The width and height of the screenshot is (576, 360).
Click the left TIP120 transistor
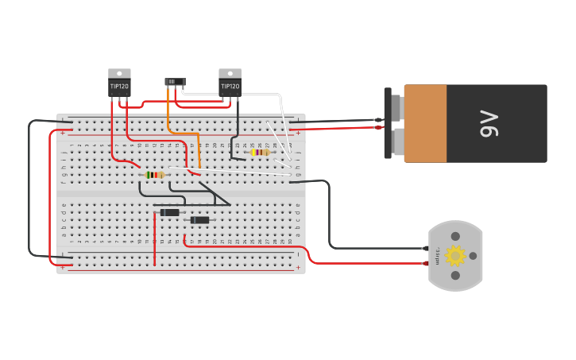tap(119, 85)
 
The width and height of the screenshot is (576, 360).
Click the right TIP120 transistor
tap(230, 85)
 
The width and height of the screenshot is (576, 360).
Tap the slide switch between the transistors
tap(175, 82)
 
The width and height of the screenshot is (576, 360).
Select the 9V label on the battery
tap(490, 123)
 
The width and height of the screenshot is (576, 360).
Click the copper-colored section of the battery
tap(425, 123)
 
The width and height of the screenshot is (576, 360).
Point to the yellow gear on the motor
tap(455, 255)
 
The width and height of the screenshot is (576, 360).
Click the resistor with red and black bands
tap(156, 175)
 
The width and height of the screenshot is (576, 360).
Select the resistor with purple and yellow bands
tap(260, 152)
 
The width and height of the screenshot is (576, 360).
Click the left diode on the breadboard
tap(169, 212)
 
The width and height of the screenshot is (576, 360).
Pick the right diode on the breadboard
tap(199, 220)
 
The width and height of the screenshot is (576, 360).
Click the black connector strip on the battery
tap(388, 123)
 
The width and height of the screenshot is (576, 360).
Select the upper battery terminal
tap(397, 107)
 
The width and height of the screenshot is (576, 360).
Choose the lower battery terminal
tap(397, 141)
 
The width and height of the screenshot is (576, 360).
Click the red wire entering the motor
tap(373, 263)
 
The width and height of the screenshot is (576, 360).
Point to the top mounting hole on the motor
tap(455, 236)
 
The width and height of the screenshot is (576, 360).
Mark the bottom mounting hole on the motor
tap(455, 276)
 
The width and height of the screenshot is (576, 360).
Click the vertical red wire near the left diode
tap(155, 238)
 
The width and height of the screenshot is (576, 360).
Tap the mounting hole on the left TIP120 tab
tap(119, 73)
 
